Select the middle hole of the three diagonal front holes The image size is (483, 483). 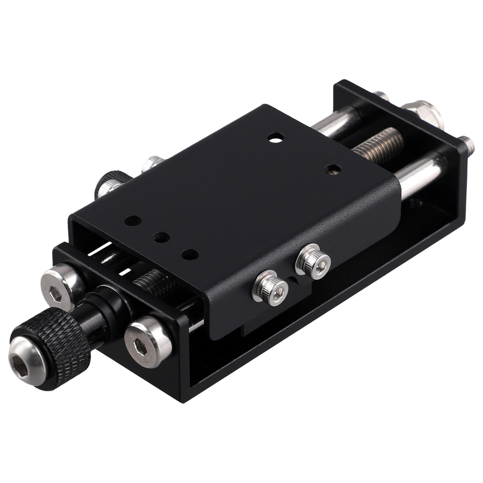click(x=161, y=238)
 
